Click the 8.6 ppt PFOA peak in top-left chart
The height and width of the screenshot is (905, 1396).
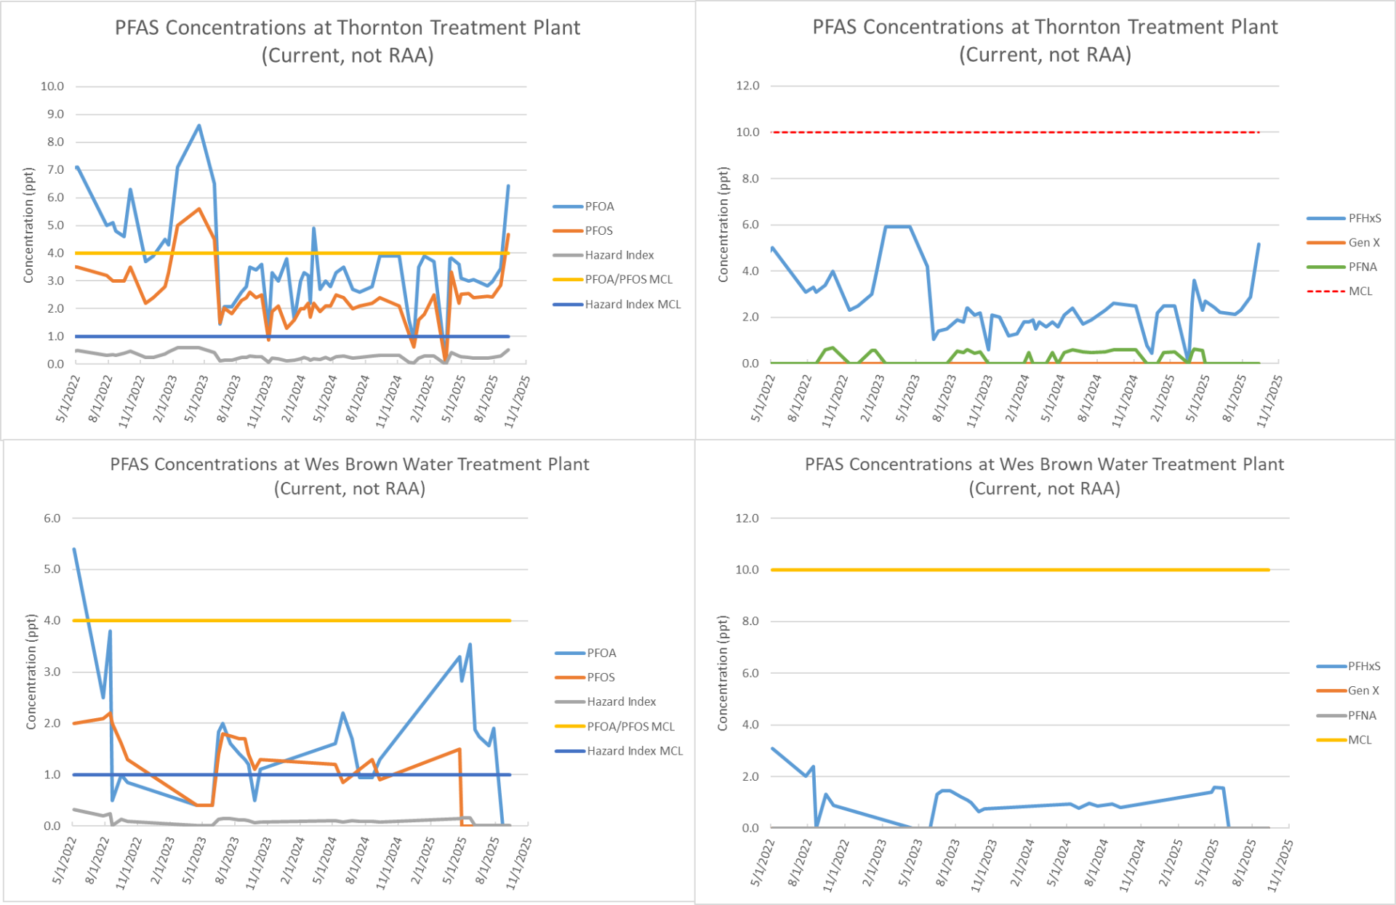click(199, 126)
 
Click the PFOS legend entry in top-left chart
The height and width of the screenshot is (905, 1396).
click(598, 230)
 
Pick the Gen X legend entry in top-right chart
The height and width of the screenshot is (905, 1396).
click(1363, 243)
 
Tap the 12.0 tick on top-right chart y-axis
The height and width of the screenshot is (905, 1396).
click(747, 86)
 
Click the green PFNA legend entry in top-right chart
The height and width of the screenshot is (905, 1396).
click(1362, 267)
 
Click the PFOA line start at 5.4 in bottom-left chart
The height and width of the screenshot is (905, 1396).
click(74, 550)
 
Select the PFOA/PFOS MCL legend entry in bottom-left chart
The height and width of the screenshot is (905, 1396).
click(630, 726)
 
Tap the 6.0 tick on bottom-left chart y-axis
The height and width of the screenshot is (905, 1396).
click(52, 518)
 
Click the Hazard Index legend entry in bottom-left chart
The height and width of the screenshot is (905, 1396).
click(621, 701)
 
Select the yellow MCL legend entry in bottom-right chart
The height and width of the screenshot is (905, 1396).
click(1359, 740)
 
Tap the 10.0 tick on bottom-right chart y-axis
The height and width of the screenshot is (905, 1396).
click(747, 570)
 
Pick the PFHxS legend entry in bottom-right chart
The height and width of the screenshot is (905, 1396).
click(1363, 666)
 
